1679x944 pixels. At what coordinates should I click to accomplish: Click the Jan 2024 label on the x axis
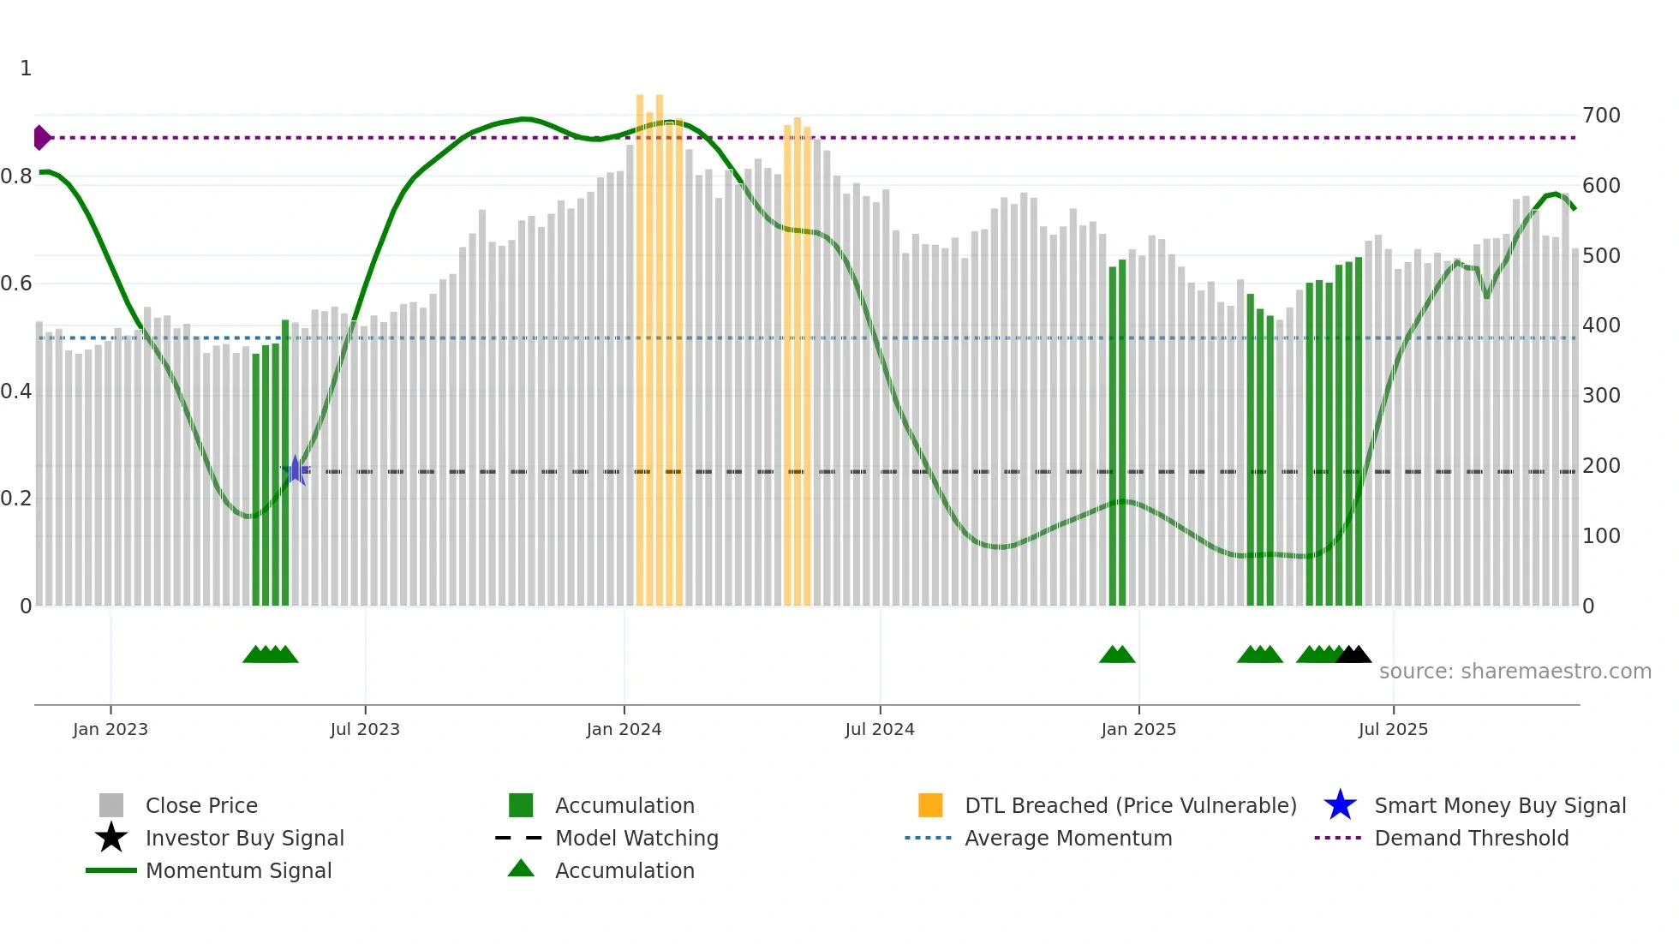(624, 729)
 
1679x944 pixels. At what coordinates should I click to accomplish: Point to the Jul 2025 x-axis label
(1393, 729)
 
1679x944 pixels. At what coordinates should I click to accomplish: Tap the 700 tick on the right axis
(1601, 116)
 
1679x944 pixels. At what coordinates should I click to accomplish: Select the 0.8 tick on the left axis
(16, 176)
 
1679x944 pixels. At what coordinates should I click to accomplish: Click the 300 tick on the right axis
(1601, 396)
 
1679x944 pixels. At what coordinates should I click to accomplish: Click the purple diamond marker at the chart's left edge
(41, 137)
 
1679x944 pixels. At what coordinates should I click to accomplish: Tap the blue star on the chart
(296, 470)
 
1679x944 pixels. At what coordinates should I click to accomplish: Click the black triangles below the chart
(1353, 655)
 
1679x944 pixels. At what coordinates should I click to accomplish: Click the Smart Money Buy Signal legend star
(1340, 805)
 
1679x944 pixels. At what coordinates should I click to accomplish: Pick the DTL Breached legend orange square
(930, 805)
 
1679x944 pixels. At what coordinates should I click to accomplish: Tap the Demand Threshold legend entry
(1471, 838)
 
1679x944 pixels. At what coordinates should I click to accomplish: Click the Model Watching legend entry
(636, 838)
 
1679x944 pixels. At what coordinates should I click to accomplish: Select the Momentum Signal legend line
(111, 870)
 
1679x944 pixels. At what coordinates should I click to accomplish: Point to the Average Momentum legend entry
(1067, 838)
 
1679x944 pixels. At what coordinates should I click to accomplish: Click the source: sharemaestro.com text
(1515, 672)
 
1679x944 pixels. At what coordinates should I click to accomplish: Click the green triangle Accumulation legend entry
(624, 870)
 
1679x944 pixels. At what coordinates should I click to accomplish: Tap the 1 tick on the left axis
(26, 69)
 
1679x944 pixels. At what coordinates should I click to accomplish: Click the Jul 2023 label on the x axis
(365, 729)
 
